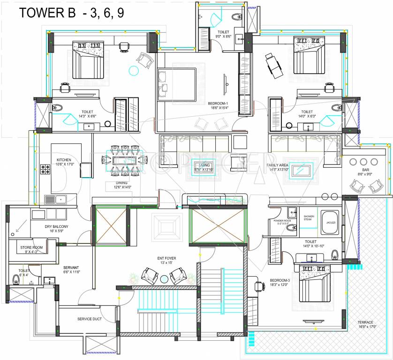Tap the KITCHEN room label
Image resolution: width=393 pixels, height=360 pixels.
64,159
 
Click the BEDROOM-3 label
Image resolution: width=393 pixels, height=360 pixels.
280,281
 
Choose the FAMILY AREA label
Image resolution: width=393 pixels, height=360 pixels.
278,165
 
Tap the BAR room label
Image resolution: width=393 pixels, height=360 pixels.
366,170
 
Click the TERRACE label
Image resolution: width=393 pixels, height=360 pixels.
365,322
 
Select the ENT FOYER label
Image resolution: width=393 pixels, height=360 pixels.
166,258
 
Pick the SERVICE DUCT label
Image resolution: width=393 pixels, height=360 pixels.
90,319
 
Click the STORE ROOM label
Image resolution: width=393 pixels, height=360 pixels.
31,247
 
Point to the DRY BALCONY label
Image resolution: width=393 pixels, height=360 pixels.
56,227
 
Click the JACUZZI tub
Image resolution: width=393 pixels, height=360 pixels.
332,223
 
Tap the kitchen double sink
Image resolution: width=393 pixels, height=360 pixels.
55,200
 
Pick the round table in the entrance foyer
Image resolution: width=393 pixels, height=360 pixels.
164,279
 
